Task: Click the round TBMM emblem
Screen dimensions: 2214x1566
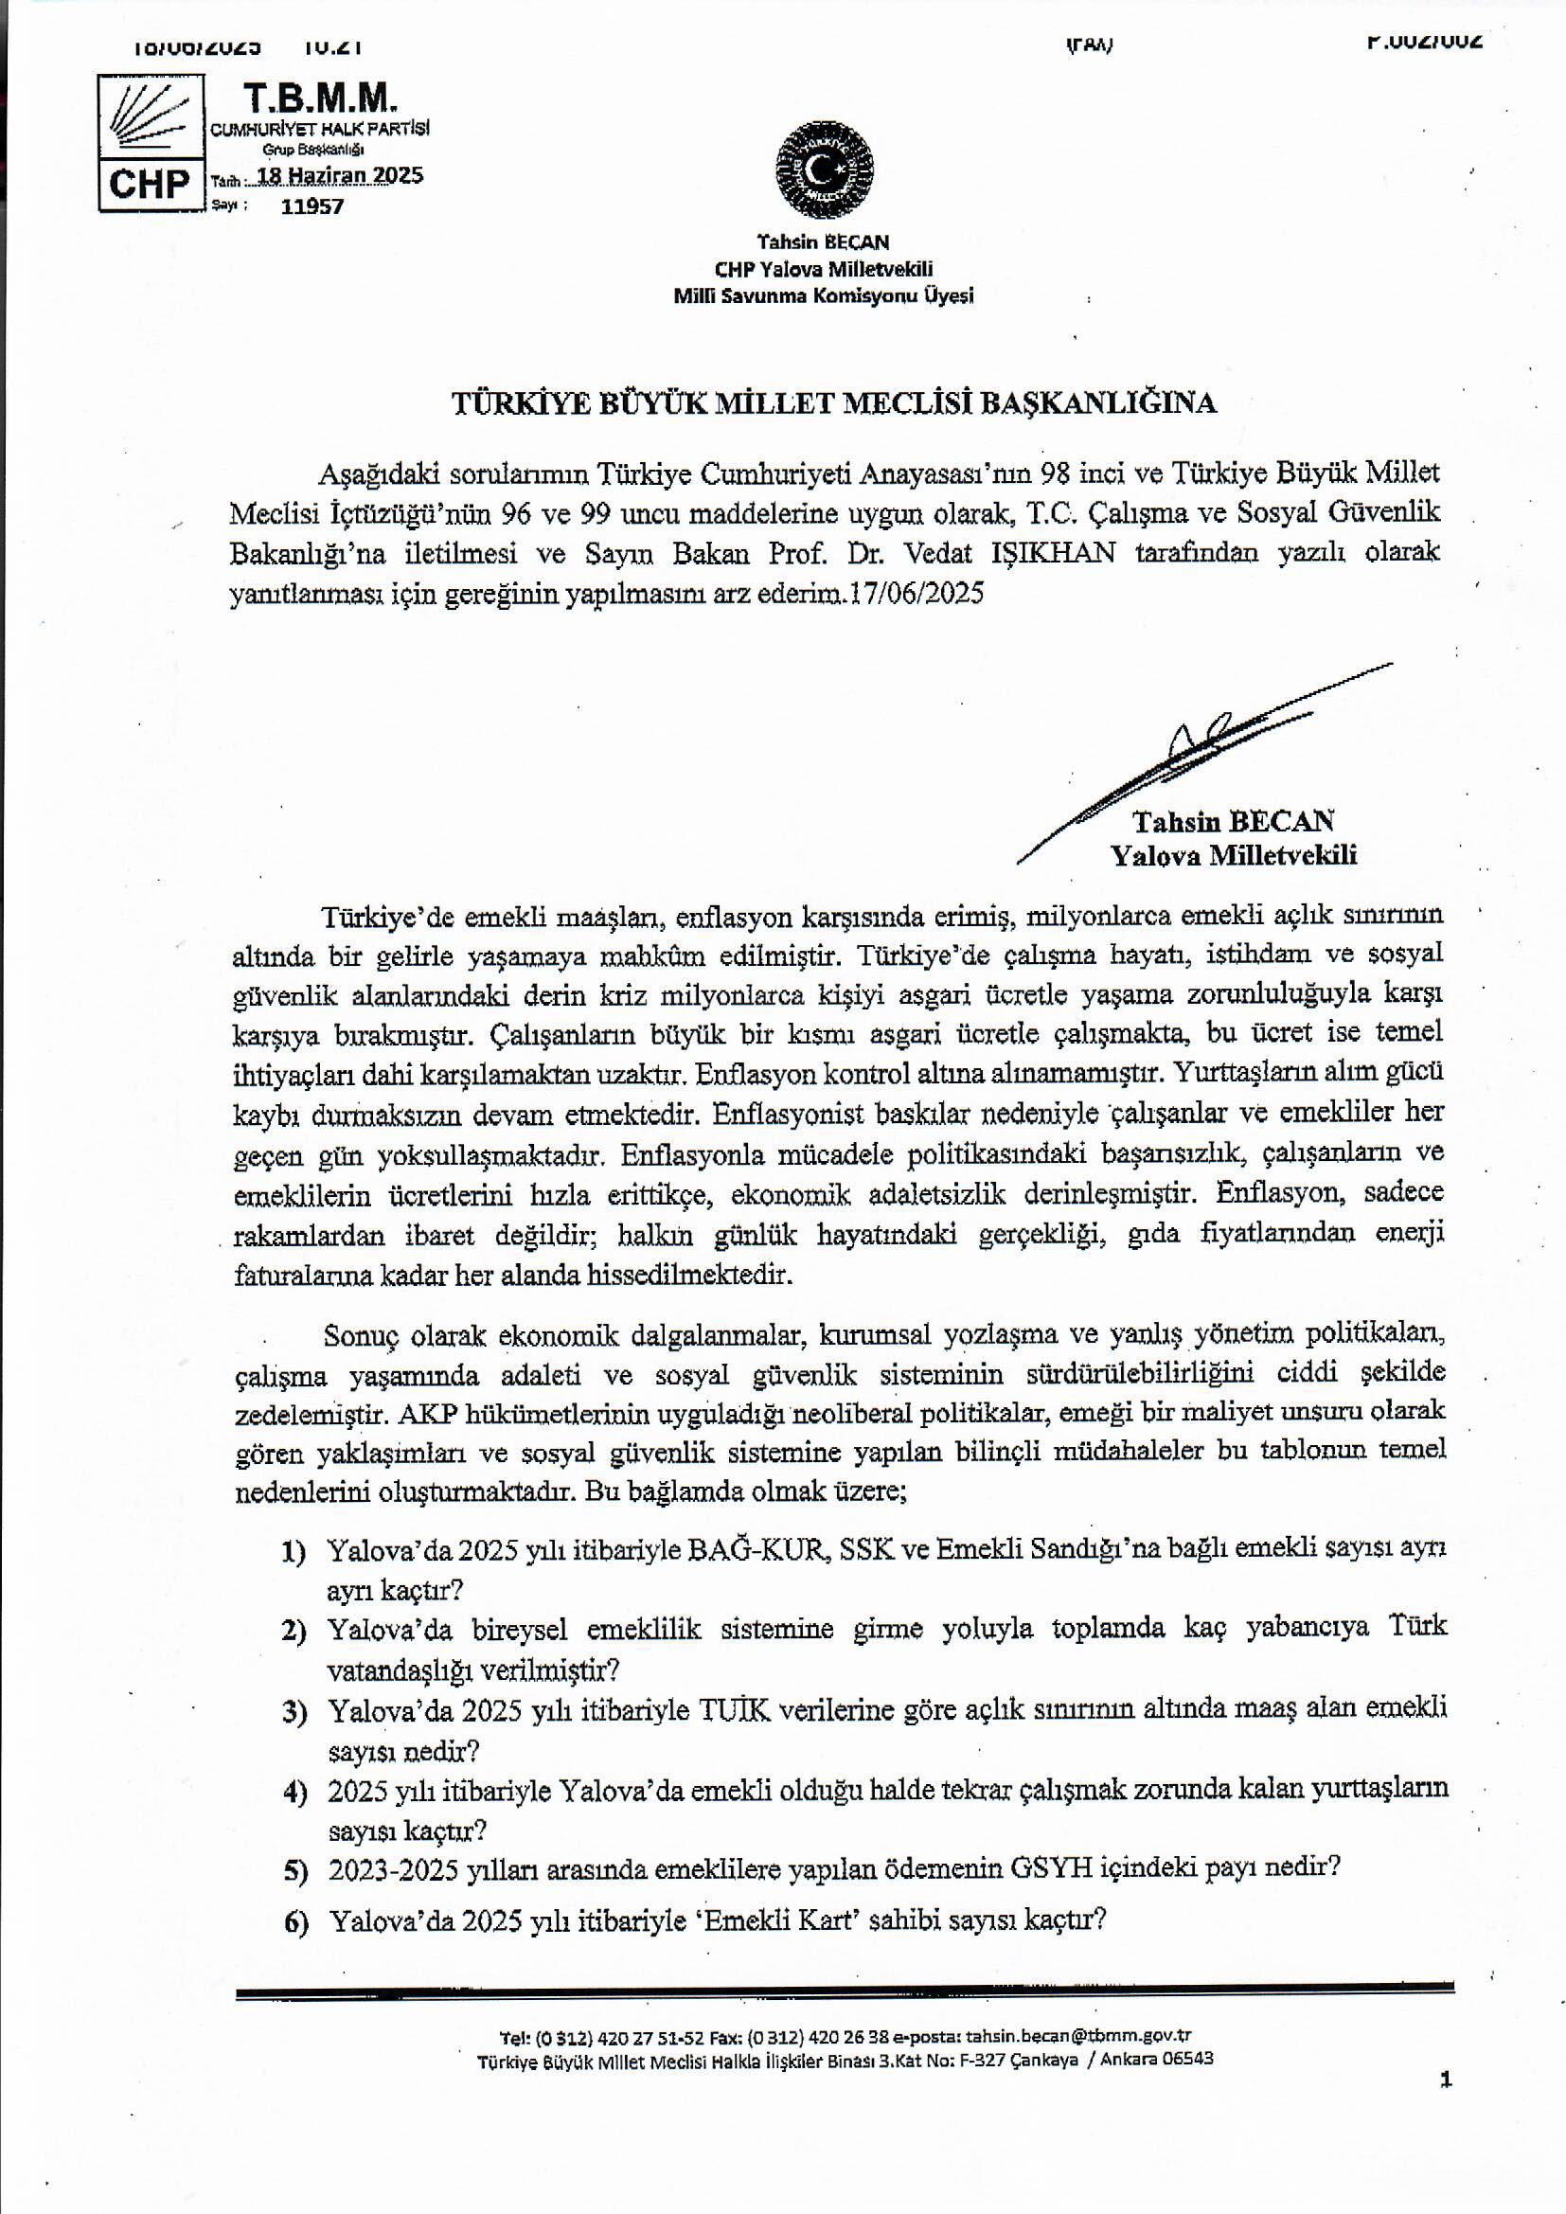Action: tap(825, 170)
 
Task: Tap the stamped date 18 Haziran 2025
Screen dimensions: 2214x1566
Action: tap(334, 175)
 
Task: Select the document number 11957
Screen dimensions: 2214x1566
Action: tap(311, 205)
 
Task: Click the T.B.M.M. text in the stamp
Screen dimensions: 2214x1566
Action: tap(320, 98)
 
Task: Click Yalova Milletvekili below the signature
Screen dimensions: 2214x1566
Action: tap(1234, 855)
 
